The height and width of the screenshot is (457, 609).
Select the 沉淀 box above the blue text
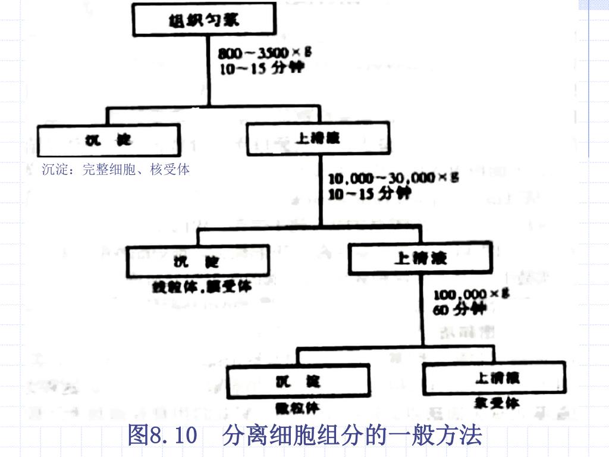[x=108, y=140]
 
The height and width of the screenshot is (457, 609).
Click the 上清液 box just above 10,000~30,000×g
[x=318, y=138]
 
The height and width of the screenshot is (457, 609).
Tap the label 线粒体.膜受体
[x=202, y=287]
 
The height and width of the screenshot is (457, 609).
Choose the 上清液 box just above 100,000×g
[x=420, y=258]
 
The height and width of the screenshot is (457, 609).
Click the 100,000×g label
[x=472, y=294]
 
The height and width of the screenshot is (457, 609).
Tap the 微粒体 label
[x=297, y=408]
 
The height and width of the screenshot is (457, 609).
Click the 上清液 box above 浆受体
[x=494, y=377]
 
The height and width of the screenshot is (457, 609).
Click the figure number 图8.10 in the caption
[x=162, y=437]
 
